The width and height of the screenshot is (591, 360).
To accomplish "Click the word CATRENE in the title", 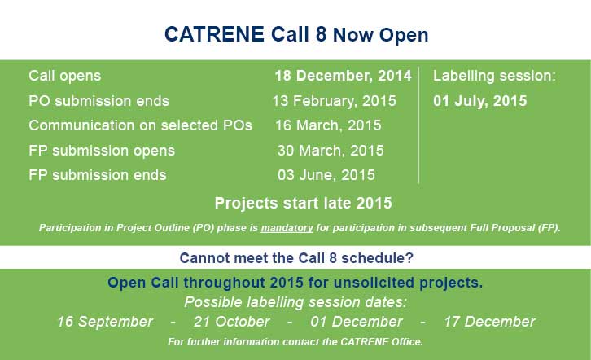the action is [214, 34].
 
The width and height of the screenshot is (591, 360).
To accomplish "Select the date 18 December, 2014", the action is [343, 76].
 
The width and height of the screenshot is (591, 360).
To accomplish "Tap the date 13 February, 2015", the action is [334, 101].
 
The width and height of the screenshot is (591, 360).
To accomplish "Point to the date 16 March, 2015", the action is [328, 125].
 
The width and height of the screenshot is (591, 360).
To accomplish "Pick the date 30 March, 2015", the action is [331, 151].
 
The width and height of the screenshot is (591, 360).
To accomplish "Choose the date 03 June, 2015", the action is [326, 175].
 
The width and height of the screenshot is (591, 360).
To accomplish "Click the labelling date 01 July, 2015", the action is [479, 101].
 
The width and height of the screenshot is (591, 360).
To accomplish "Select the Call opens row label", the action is [65, 76].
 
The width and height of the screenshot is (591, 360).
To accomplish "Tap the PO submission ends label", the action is [98, 102].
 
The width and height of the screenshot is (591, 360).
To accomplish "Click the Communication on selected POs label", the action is [140, 125].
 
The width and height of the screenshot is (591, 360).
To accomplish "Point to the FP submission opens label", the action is [102, 151].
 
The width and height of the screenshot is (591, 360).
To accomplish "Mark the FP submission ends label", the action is [97, 175].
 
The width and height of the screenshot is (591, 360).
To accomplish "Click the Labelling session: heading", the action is [494, 76].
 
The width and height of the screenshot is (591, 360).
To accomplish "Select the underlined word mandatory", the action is [287, 228].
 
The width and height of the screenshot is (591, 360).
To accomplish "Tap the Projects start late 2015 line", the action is [303, 203].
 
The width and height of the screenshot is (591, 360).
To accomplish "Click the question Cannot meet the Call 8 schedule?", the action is [296, 258].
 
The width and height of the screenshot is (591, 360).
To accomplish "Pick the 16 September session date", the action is [105, 322].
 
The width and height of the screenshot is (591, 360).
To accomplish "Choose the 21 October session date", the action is [231, 322].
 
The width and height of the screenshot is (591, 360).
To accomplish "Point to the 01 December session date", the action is [357, 322].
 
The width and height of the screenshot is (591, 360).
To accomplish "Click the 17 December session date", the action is [489, 322].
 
